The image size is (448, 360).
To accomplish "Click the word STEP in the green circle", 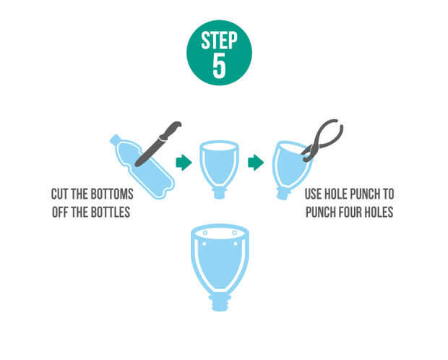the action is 219,40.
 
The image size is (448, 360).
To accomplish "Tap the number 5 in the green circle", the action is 219,65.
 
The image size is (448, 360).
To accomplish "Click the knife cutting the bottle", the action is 158,144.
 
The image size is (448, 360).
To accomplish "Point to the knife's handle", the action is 171,131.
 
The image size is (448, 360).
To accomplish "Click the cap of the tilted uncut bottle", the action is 115,140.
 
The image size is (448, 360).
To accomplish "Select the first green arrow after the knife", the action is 184,163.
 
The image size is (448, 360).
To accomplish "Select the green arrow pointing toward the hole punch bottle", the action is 256,163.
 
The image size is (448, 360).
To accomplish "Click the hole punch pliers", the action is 323,140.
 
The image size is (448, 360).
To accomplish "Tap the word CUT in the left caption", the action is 60,194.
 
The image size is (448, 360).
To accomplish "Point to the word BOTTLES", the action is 112,212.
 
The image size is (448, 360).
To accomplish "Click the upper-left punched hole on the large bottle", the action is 205,233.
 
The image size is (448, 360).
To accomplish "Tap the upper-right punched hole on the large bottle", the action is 234,233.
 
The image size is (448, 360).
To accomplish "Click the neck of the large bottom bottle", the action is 220,303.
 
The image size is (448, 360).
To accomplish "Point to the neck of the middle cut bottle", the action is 219,192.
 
